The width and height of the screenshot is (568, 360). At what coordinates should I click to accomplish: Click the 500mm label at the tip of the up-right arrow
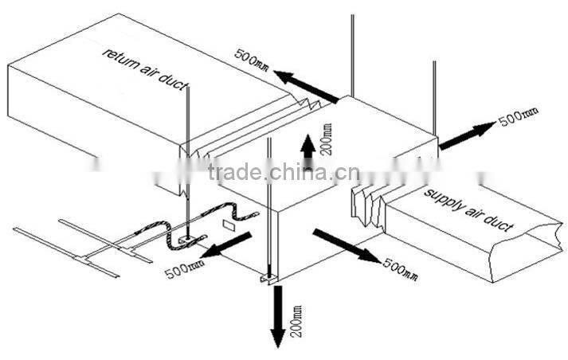(519, 118)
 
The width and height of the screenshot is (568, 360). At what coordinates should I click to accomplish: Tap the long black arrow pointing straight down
(276, 315)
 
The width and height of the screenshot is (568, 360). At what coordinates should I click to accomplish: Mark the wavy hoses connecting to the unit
(199, 223)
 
